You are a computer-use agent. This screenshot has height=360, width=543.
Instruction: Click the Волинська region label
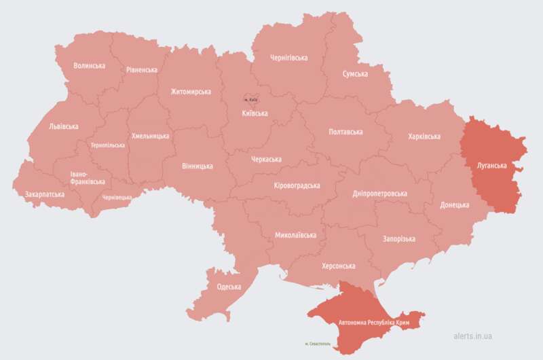click(x=90, y=66)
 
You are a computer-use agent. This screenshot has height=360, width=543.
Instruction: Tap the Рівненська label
click(x=142, y=69)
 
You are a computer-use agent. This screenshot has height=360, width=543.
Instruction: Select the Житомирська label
click(x=191, y=92)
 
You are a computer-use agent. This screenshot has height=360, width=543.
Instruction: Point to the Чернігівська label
click(x=288, y=58)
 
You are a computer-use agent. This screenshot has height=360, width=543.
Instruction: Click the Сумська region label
click(x=355, y=73)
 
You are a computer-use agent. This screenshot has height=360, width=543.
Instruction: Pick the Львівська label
click(x=64, y=126)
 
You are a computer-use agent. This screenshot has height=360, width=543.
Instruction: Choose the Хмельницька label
click(x=150, y=136)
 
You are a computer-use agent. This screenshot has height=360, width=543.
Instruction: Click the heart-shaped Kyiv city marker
click(x=251, y=99)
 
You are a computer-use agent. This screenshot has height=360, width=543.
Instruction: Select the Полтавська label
click(x=345, y=132)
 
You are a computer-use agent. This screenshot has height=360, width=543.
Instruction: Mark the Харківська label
click(x=424, y=137)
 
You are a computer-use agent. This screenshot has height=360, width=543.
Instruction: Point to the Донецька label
click(x=454, y=204)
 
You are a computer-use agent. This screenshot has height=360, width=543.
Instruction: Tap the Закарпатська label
click(x=45, y=194)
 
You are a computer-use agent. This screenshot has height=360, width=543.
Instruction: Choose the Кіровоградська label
click(x=297, y=185)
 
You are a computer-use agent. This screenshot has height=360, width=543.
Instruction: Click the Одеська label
click(x=229, y=287)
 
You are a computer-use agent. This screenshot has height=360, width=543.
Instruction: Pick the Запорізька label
click(x=384, y=239)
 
